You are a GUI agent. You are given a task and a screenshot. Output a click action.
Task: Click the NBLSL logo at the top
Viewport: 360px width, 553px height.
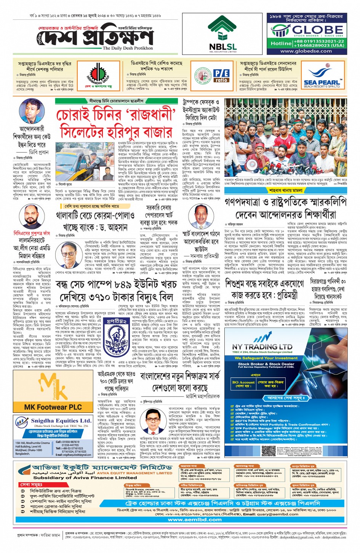222,33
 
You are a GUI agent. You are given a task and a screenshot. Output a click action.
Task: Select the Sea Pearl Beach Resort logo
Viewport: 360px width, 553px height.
322,78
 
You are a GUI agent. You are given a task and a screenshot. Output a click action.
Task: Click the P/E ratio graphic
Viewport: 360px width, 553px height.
221,75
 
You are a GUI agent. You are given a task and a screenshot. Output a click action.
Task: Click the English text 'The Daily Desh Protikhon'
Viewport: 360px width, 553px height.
128,48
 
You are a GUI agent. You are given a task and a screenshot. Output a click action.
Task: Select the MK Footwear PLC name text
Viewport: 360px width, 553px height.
53,407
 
